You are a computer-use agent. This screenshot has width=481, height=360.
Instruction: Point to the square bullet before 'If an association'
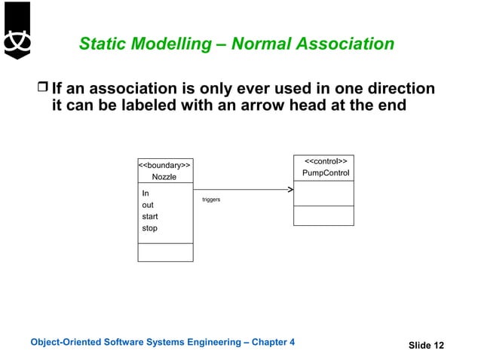point(43,90)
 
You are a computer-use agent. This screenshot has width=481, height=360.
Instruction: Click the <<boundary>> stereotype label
point(164,164)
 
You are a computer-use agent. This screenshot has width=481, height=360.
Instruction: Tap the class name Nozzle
point(164,177)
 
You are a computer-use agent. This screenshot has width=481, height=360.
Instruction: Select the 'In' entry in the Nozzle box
point(146,194)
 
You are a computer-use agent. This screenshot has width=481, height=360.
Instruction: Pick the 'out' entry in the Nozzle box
point(148,205)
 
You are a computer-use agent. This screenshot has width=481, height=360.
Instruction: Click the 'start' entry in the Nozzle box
point(150,217)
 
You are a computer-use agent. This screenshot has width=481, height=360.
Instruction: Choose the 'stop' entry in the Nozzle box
point(150,228)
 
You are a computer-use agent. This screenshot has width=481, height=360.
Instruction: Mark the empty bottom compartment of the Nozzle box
point(165,252)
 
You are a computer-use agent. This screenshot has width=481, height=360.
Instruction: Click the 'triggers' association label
point(211,200)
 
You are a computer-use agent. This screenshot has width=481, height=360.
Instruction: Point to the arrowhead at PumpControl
point(290,190)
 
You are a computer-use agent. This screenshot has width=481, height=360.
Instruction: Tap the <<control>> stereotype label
point(325,161)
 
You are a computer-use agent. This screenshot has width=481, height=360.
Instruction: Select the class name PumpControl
point(326,174)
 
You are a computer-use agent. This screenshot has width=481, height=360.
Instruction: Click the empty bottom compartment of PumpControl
point(323,215)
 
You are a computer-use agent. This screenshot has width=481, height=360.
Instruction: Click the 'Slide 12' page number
point(426,346)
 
